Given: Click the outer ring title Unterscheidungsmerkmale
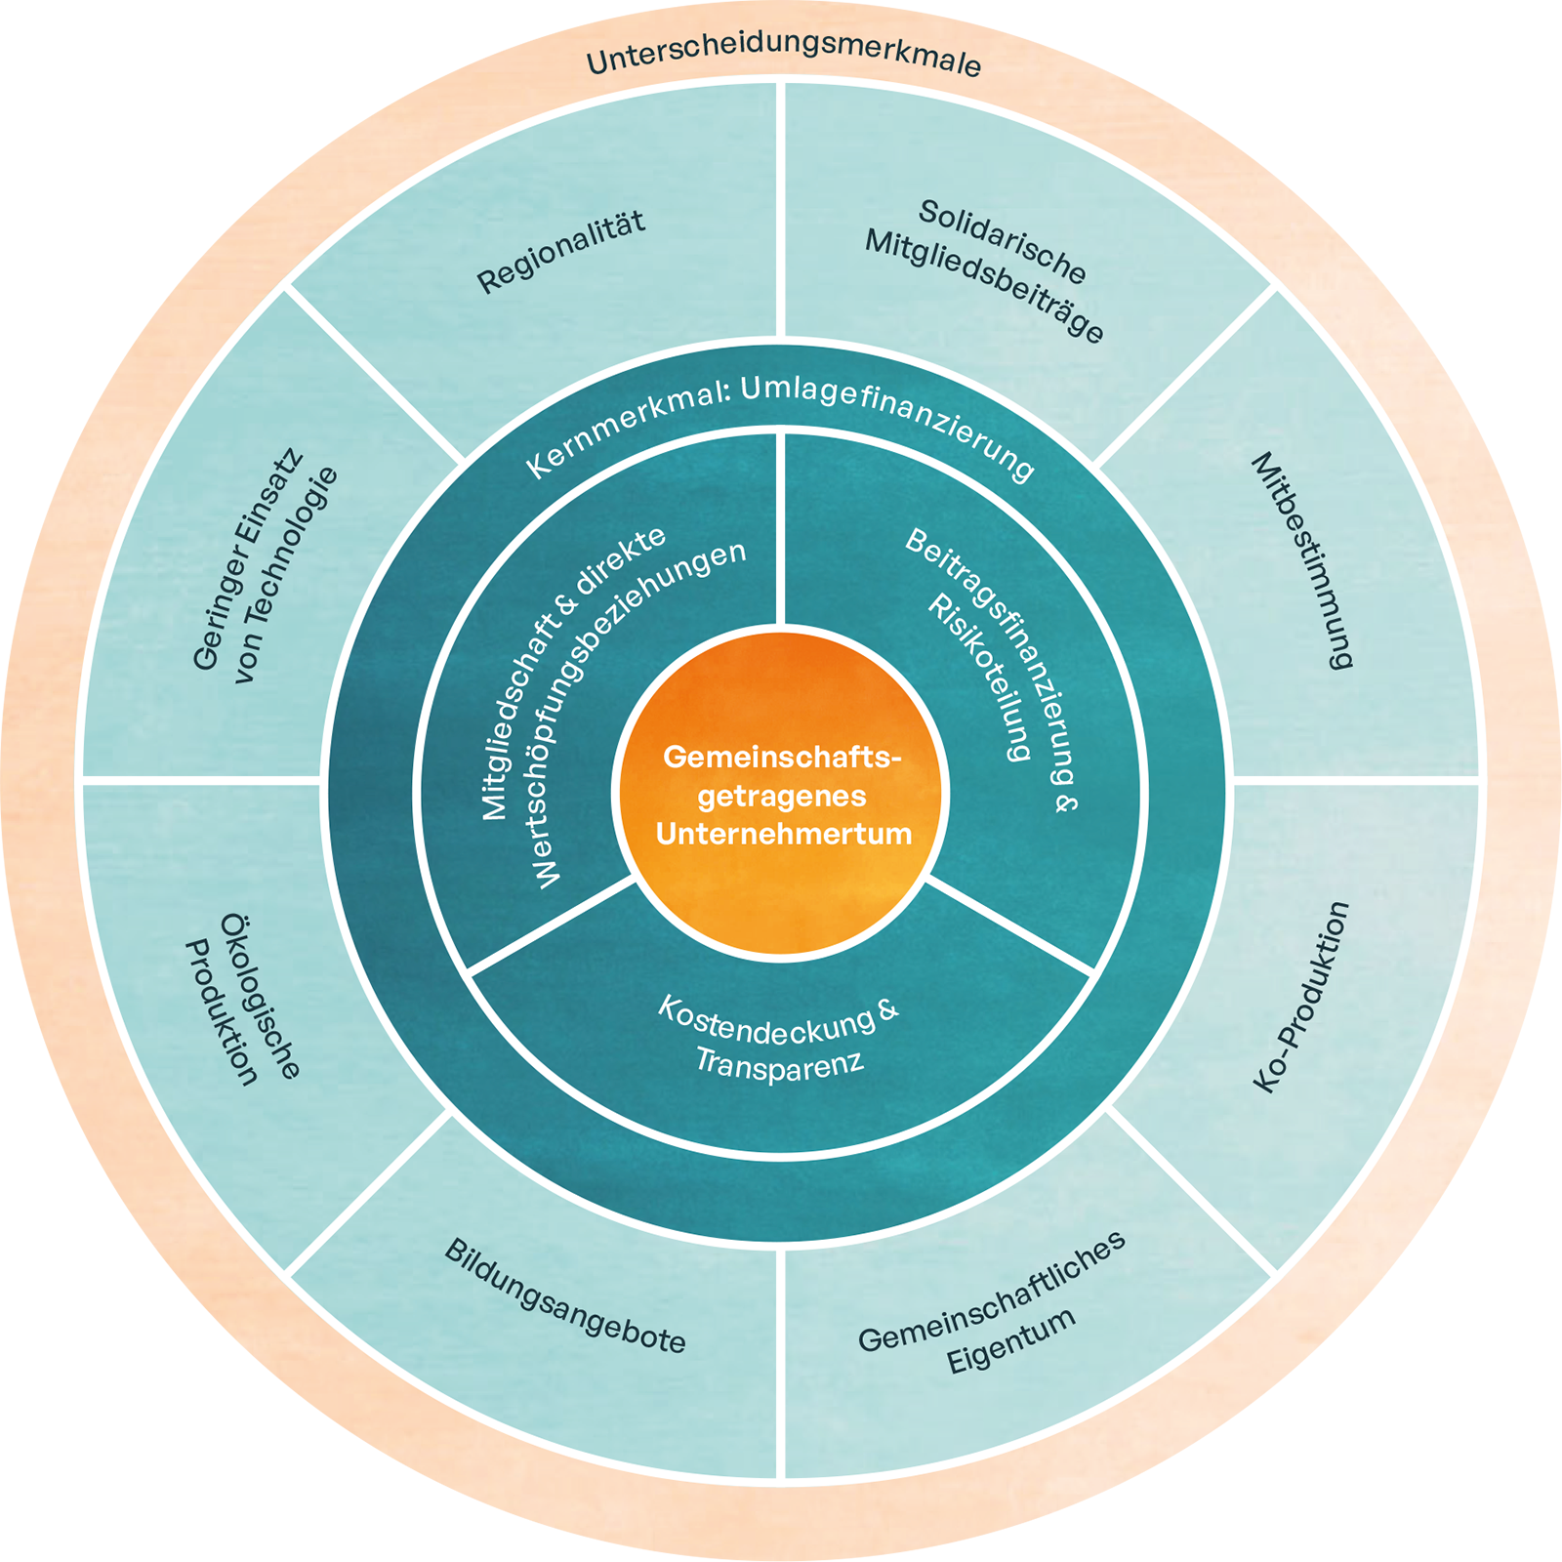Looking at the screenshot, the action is click(x=783, y=58).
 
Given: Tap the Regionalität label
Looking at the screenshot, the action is click(x=561, y=252).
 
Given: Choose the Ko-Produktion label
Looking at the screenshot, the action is click(x=1301, y=997).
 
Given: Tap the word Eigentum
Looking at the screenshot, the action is click(x=1011, y=1340).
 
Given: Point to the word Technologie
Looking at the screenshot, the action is click(x=286, y=574).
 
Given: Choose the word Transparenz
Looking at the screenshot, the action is click(x=779, y=1062).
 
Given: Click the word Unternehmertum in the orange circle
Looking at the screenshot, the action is click(x=783, y=834).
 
